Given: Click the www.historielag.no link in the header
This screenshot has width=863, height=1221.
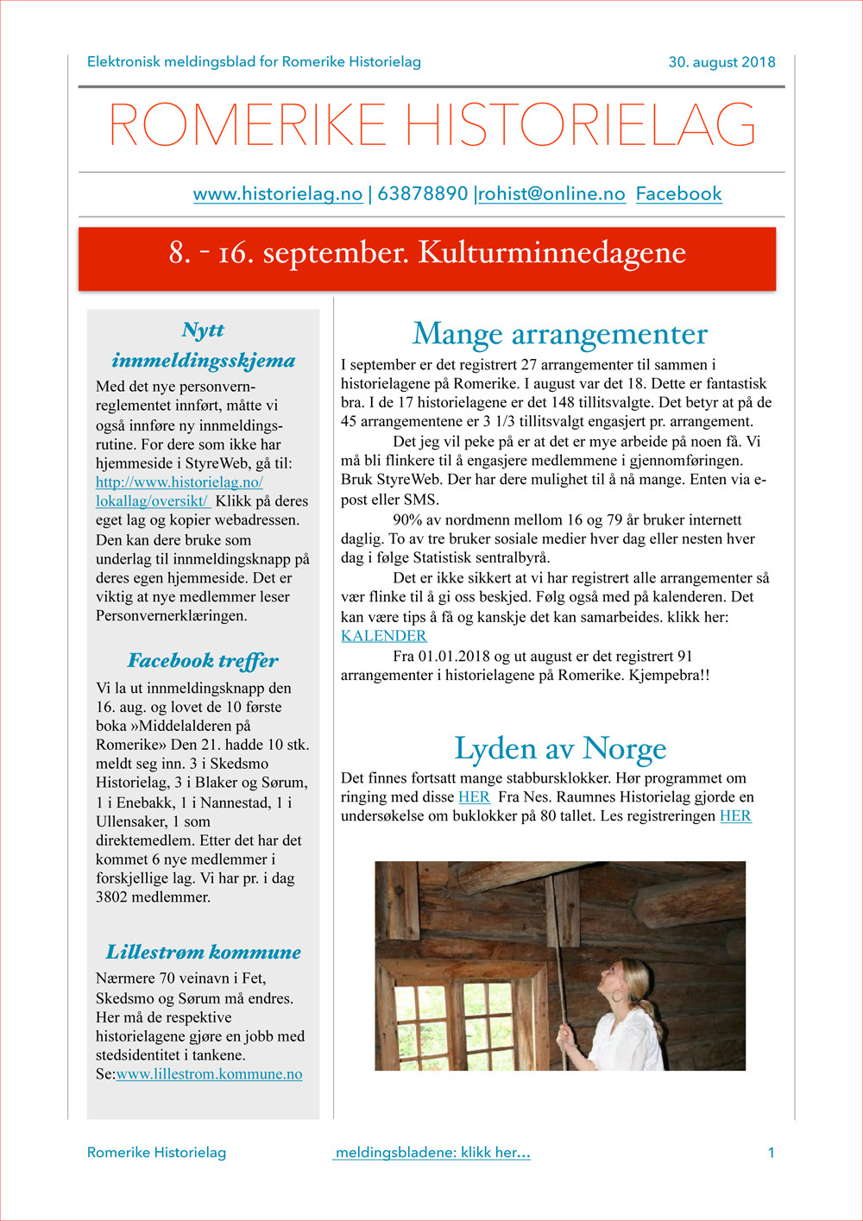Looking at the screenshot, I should tap(277, 194).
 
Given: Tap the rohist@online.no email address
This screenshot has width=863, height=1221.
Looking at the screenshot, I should tap(551, 194).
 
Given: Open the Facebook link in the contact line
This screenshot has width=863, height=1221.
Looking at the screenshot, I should tap(678, 194).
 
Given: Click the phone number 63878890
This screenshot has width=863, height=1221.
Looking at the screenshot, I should tap(422, 194).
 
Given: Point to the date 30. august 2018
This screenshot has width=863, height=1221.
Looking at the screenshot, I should tap(721, 62).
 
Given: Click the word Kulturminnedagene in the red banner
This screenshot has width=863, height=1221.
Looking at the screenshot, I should tap(551, 253).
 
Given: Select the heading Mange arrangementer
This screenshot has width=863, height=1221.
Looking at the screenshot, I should tap(559, 334).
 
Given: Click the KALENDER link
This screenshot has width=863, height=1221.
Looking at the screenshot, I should tap(383, 636).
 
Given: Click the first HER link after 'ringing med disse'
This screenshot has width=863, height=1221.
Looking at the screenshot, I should tap(474, 797).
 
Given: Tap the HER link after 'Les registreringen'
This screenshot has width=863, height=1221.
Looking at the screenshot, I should tap(735, 816).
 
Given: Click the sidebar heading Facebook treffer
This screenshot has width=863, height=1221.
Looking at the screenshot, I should tap(203, 661).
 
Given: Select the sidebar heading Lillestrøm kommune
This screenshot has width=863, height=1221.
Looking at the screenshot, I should tap(203, 953).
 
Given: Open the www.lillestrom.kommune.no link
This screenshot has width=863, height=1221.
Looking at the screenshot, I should tap(209, 1074).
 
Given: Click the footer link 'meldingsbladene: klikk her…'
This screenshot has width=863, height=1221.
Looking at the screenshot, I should tap(431, 1153).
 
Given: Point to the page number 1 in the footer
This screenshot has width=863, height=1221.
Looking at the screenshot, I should tap(771, 1153).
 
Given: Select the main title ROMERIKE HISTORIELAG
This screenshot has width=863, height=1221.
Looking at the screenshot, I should tap(431, 126).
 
